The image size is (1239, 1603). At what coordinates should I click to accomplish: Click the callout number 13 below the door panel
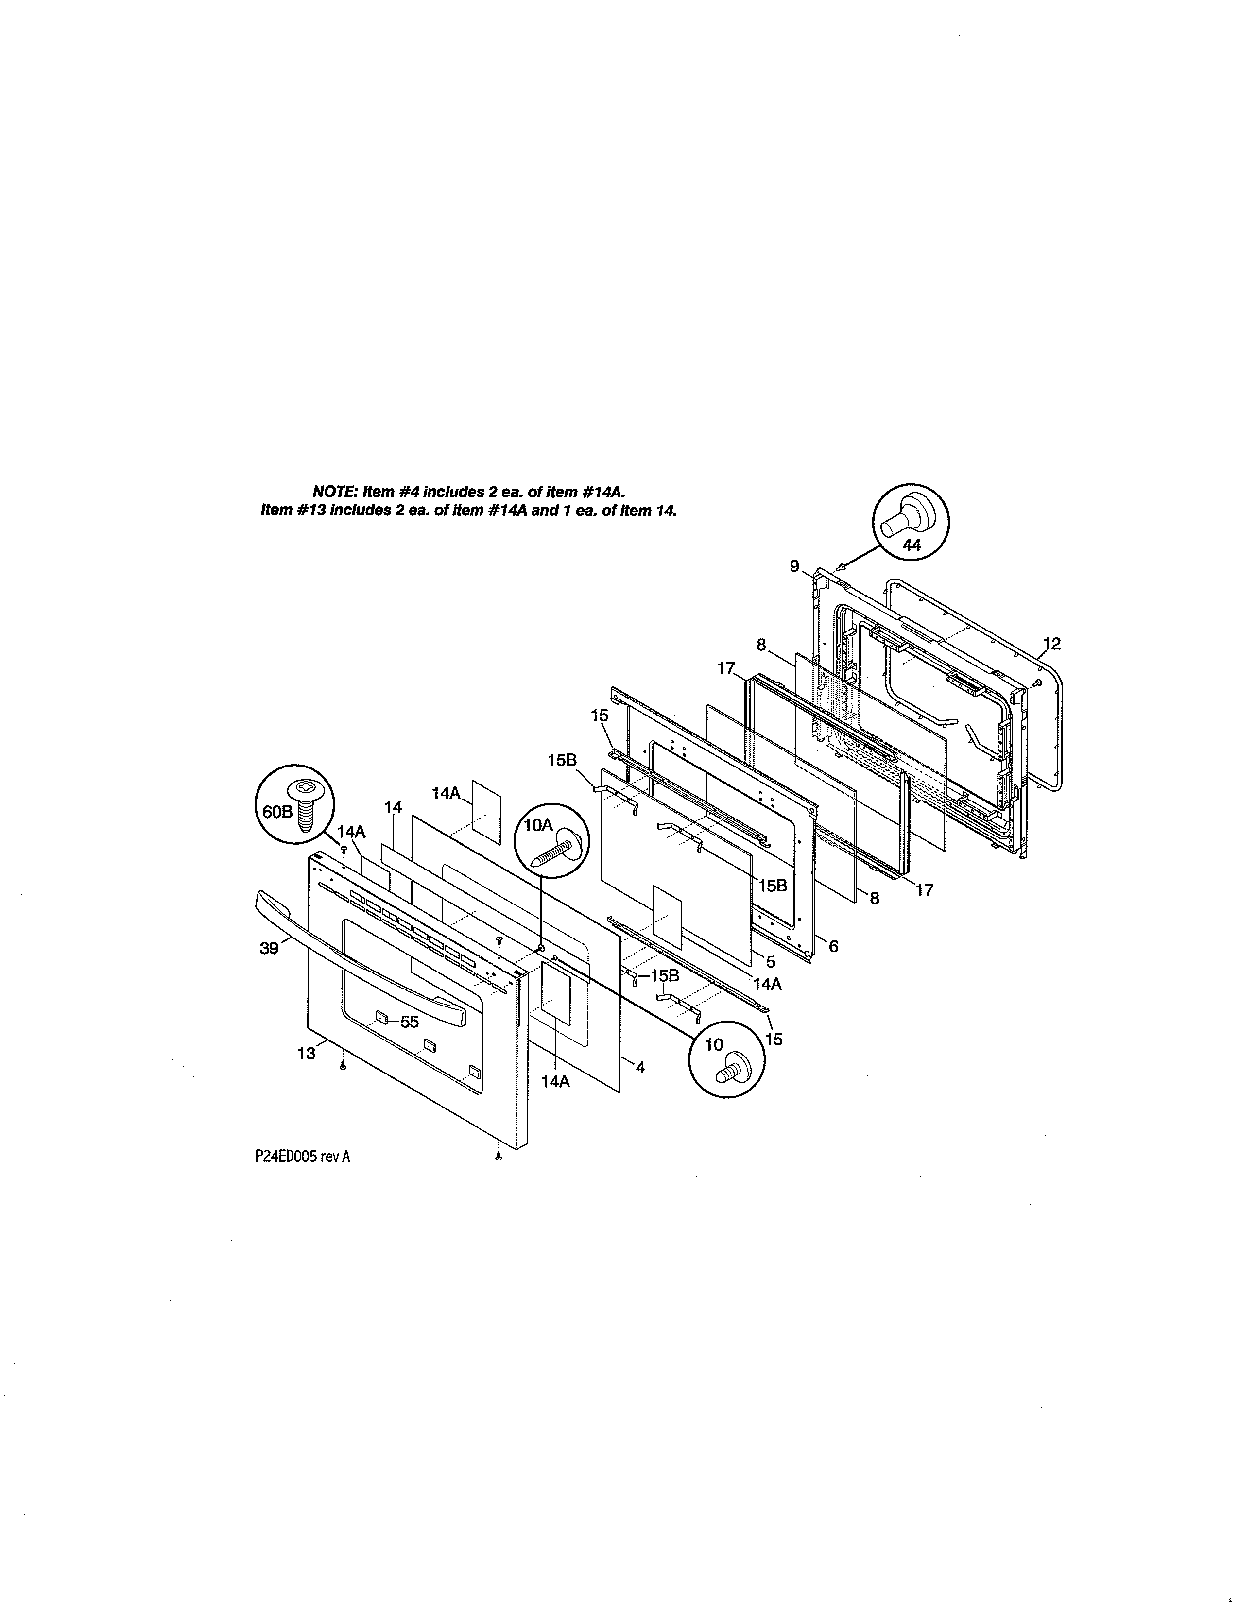click(306, 1054)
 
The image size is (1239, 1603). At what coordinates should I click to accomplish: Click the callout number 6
click(833, 947)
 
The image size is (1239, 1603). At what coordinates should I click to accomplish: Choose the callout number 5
click(771, 961)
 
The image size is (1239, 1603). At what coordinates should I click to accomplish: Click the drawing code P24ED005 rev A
click(302, 1157)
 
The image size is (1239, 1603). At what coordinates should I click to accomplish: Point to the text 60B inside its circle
click(277, 812)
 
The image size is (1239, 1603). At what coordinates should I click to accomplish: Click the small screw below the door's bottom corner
click(499, 1158)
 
